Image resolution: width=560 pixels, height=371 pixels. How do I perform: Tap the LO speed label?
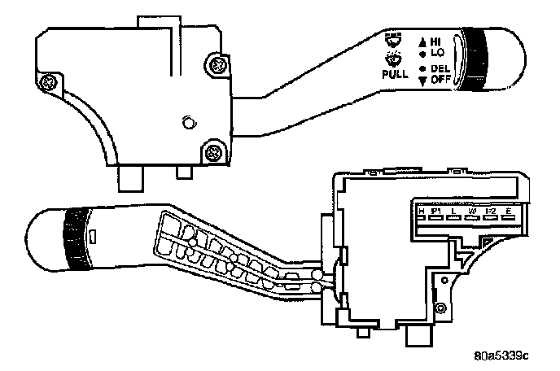436,50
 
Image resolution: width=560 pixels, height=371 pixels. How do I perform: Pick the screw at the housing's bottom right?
214,151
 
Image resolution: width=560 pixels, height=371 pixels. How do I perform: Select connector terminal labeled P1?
435,213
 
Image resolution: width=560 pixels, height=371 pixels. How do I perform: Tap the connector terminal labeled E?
509,213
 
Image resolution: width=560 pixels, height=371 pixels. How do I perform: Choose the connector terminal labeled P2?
490,213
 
